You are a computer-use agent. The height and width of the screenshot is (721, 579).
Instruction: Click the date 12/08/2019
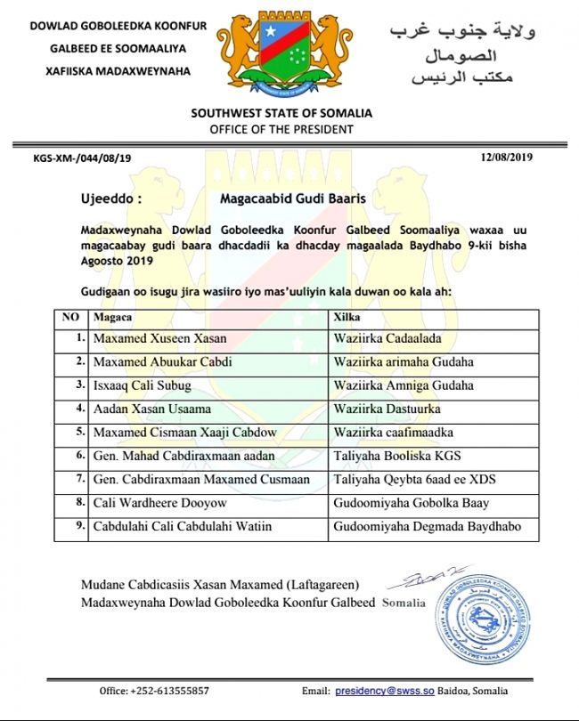pos(506,157)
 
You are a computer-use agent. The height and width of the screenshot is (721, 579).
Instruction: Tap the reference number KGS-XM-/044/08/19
pos(82,158)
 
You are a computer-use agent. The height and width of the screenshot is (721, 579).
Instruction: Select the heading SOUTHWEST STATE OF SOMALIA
pos(281,113)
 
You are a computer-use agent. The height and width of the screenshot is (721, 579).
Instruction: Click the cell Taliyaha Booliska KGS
pos(398,456)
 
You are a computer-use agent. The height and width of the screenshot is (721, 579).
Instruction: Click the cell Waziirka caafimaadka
pos(394,433)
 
